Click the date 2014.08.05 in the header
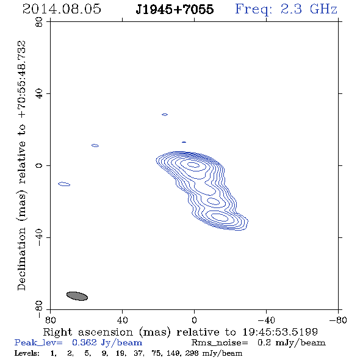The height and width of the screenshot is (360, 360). coord(62,9)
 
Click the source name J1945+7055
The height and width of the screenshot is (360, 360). coord(175,9)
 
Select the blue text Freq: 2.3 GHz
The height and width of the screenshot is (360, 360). coord(286,9)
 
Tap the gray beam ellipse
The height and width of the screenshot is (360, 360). coord(77,296)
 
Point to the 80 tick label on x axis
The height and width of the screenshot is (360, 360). coord(50,320)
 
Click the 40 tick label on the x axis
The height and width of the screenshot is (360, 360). coord(122,320)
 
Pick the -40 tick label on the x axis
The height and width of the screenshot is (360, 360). coord(266,320)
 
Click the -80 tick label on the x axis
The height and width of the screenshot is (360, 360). coord(338,320)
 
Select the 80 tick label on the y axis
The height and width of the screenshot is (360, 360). coord(39,22)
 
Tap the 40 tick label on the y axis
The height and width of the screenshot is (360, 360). coord(39,94)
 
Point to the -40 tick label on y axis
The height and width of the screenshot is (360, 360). coord(39,237)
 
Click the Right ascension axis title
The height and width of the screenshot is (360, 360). coord(181,332)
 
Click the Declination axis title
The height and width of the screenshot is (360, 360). coord(21,165)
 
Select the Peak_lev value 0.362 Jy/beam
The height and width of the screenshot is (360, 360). coord(107,343)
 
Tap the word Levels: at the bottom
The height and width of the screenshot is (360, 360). coord(27,353)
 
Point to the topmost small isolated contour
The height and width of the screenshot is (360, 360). coord(165,113)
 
